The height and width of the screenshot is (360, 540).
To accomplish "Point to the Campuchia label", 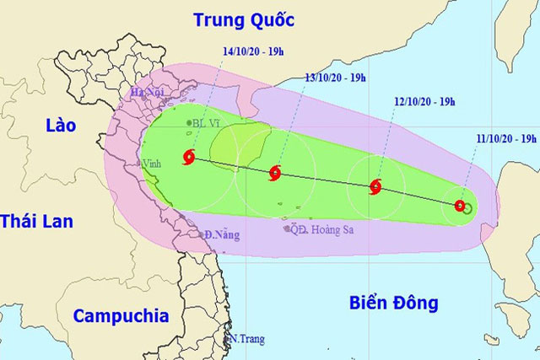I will [120, 316].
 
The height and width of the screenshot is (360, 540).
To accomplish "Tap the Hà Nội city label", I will [145, 93].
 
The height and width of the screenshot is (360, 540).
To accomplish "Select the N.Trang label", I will [247, 339].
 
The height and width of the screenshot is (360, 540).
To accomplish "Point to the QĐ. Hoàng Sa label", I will [320, 228].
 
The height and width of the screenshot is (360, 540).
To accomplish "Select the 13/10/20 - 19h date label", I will [335, 78].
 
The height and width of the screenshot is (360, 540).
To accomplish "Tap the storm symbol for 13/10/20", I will [274, 174].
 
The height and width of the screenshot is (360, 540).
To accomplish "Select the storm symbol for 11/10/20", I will [459, 204].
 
